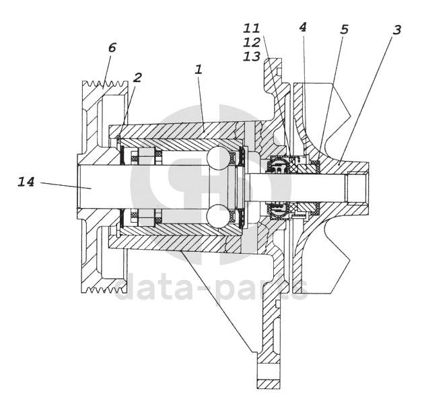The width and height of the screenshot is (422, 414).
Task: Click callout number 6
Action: tap(112, 48)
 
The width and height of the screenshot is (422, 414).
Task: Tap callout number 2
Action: tap(137, 78)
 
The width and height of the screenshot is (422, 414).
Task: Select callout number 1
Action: tap(199, 70)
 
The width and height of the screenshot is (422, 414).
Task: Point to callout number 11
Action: tap(251, 28)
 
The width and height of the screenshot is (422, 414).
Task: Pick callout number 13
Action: tap(251, 57)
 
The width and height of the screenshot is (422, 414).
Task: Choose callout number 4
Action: tap(303, 27)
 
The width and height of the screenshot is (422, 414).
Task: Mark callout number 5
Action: tap(344, 29)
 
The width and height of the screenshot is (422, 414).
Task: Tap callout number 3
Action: tap(397, 30)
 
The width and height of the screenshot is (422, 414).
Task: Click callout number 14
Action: tap(26, 182)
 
